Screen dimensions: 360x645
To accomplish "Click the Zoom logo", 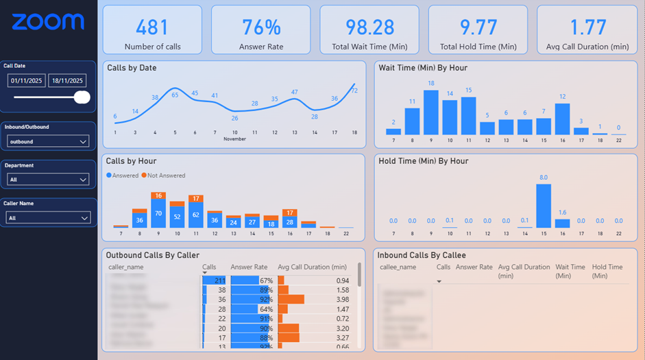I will tap(48, 22).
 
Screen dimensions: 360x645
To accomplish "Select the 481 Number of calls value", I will tap(151, 27).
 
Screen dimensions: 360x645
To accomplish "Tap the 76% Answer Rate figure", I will tap(260, 27).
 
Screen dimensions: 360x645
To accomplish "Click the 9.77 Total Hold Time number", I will tap(478, 27).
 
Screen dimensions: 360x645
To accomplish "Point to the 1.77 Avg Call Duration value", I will tap(587, 27).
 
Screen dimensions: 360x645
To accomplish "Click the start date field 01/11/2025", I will tap(26, 81).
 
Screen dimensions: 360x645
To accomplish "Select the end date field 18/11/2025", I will tap(66, 81).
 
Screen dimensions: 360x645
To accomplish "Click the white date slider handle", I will tap(82, 97).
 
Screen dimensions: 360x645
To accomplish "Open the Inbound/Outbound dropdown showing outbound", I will tap(48, 141).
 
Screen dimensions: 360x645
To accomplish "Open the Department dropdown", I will tap(48, 180).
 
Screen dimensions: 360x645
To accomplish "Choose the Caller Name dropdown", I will tap(48, 218).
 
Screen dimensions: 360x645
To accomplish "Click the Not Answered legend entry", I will tap(165, 176).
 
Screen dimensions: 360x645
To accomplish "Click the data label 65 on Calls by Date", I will tap(175, 95).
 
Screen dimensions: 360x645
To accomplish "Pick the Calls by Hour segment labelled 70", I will tap(158, 214).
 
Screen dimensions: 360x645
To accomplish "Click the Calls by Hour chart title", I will tap(132, 161).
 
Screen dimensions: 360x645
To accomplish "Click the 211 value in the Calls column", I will tap(220, 280).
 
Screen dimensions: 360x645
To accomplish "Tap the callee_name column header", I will tap(398, 267).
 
